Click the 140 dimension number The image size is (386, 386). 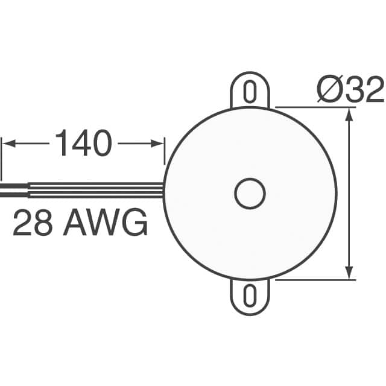click(x=83, y=144)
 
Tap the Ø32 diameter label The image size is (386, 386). click(x=350, y=91)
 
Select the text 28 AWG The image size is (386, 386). click(x=80, y=224)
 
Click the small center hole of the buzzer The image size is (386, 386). click(x=249, y=194)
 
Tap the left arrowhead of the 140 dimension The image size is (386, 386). click(x=7, y=144)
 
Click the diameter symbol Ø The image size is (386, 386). click(x=330, y=91)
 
